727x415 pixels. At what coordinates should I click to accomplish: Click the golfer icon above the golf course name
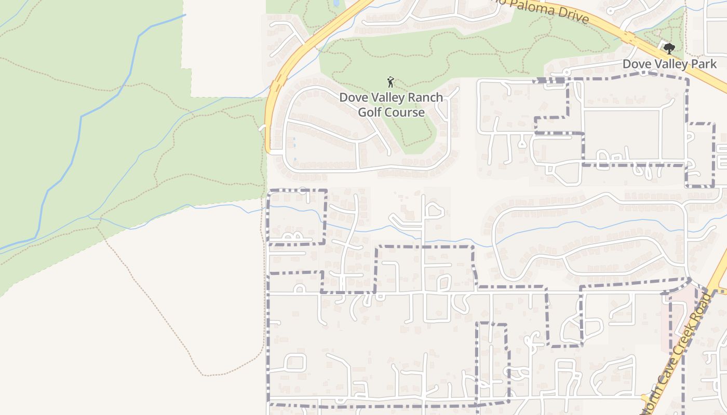(x=391, y=82)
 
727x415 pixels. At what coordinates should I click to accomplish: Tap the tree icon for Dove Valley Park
(x=669, y=49)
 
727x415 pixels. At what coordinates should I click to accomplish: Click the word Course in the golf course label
(x=405, y=112)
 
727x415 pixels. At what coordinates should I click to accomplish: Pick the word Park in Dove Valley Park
(x=704, y=64)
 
